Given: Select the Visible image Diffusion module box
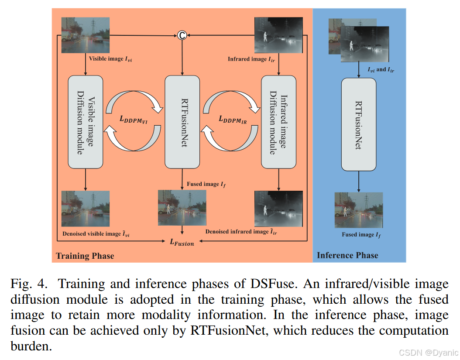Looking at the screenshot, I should click(x=86, y=122).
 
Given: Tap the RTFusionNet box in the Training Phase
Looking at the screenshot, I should click(x=182, y=122).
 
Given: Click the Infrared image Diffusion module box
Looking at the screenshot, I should click(x=278, y=122).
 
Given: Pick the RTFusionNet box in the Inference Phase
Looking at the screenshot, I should click(x=358, y=124).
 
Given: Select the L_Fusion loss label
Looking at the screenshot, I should click(x=182, y=242).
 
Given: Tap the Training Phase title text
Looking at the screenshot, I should click(x=85, y=256).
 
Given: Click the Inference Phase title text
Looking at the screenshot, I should click(x=347, y=255).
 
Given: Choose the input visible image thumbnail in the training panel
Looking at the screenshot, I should click(x=86, y=35).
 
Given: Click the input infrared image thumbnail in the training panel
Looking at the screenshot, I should click(x=278, y=35).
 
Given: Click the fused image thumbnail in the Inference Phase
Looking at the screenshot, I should click(x=358, y=210).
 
